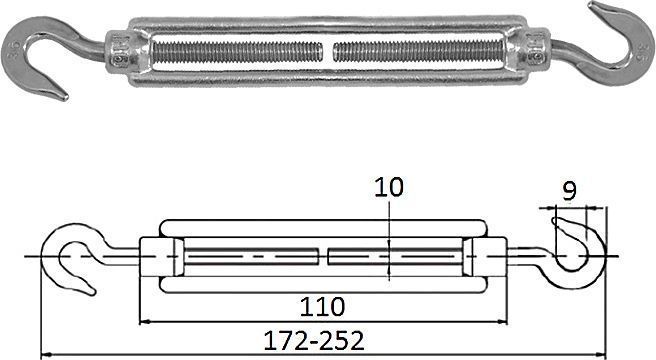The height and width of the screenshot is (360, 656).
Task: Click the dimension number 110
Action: [x=322, y=307]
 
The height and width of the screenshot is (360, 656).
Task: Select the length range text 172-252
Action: [x=314, y=341]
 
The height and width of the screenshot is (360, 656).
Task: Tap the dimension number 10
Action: [x=389, y=187]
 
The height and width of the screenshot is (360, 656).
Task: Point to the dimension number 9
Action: [x=569, y=191]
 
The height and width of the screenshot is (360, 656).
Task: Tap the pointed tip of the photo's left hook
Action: [x=65, y=98]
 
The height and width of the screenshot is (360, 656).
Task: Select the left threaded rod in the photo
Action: [x=237, y=53]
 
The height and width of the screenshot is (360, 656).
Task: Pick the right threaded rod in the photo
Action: [x=418, y=52]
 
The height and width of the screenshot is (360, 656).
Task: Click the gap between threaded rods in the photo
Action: [x=328, y=52]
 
